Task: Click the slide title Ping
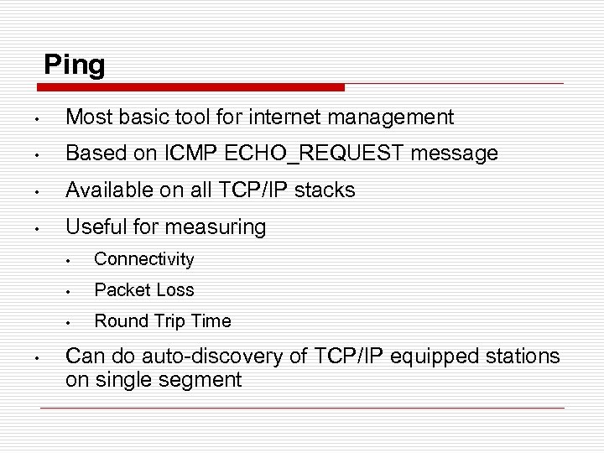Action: pos(75,65)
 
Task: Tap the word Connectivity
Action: pos(144,259)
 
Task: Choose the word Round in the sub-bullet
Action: pos(119,321)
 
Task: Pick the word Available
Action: pos(107,190)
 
